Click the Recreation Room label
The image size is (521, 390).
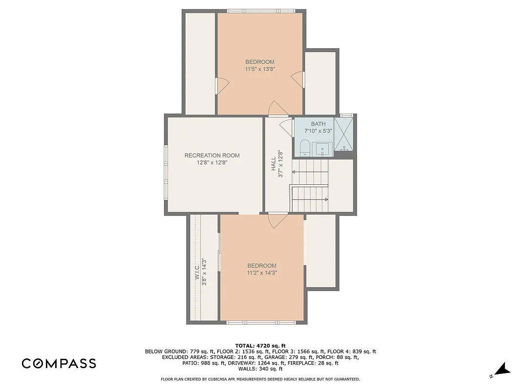click(212, 156)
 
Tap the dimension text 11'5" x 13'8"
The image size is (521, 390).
click(260, 69)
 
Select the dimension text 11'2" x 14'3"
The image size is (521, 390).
click(262, 273)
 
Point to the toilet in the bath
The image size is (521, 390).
click(305, 148)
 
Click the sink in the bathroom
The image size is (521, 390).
click(322, 149)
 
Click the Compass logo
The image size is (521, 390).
click(59, 363)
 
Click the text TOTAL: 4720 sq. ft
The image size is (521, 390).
click(260, 345)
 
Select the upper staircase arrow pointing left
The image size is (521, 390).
click(294, 172)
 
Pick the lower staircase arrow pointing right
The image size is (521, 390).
click(326, 199)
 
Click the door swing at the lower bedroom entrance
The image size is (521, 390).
click(278, 221)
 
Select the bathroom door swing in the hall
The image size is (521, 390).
click(286, 126)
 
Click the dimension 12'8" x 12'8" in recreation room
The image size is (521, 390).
click(212, 163)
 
